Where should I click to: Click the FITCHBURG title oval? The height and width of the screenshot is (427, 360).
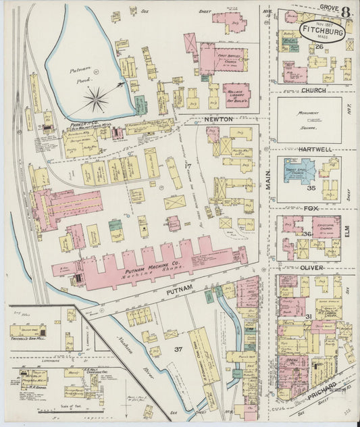(x=320, y=31)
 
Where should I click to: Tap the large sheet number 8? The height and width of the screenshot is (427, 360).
(x=345, y=11)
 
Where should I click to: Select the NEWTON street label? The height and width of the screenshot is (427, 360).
(x=218, y=119)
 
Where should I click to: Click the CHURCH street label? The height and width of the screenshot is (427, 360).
(x=313, y=90)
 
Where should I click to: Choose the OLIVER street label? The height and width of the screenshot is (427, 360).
(x=313, y=268)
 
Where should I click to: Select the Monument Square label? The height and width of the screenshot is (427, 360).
(x=309, y=120)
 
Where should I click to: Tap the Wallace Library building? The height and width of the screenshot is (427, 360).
(x=236, y=94)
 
